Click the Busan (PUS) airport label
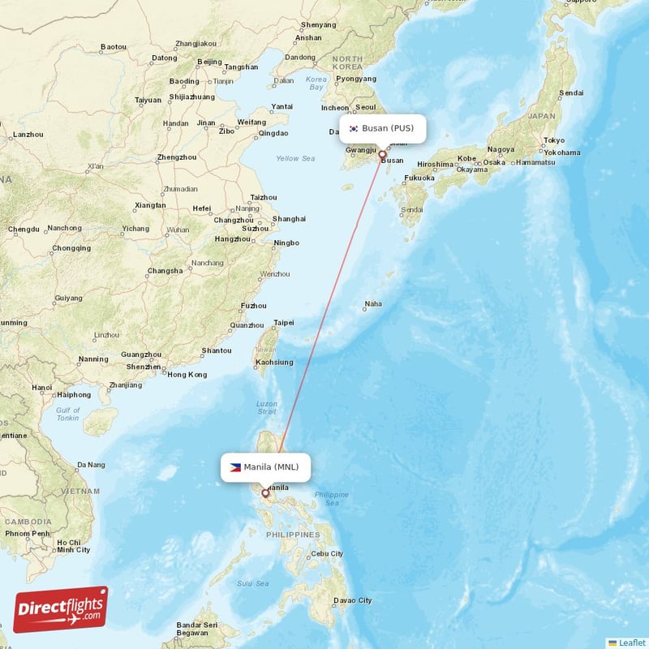pyautogui.click(x=388, y=128)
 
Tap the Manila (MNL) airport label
pyautogui.click(x=271, y=467)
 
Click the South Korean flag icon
pyautogui.click(x=354, y=128)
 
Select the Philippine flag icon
pyautogui.click(x=235, y=467)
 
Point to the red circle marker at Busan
pyautogui.click(x=382, y=153)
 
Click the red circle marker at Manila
pyautogui.click(x=264, y=492)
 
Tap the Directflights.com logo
pyautogui.click(x=61, y=609)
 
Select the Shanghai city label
pyautogui.click(x=290, y=219)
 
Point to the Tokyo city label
pyautogui.click(x=555, y=140)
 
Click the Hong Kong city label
pyautogui.click(x=187, y=375)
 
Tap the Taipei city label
pyautogui.click(x=284, y=323)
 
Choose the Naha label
pyautogui.click(x=373, y=304)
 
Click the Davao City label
pyautogui.click(x=354, y=600)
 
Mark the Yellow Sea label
pyautogui.click(x=295, y=158)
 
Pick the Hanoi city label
pyautogui.click(x=41, y=388)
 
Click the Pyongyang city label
pyautogui.click(x=356, y=79)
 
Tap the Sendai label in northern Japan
pyautogui.click(x=571, y=93)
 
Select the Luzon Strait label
pyautogui.click(x=267, y=408)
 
